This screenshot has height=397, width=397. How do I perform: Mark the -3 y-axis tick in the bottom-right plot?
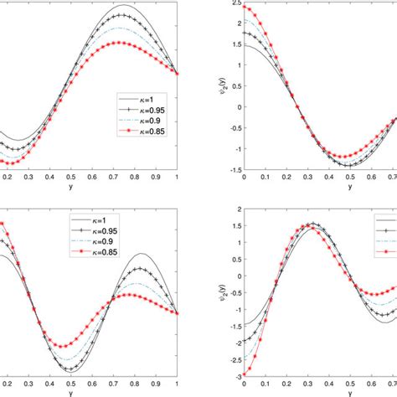pos(235,375)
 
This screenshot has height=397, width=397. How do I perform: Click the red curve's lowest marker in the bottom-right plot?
pos(244,374)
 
